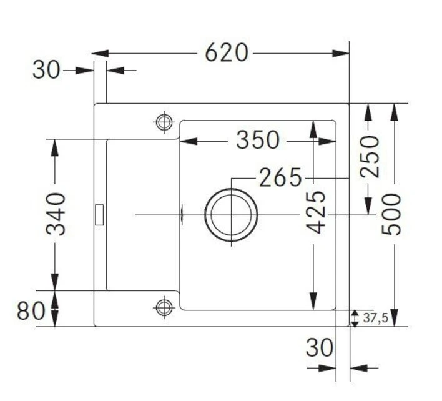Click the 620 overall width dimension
(227, 52)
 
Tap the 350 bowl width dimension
(258, 140)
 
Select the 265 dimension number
(280, 177)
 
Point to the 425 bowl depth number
(316, 212)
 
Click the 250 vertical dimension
(370, 157)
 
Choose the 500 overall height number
(391, 214)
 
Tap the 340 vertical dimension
(56, 214)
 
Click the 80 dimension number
(31, 311)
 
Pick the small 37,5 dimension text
(375, 318)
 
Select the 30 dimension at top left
(46, 70)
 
